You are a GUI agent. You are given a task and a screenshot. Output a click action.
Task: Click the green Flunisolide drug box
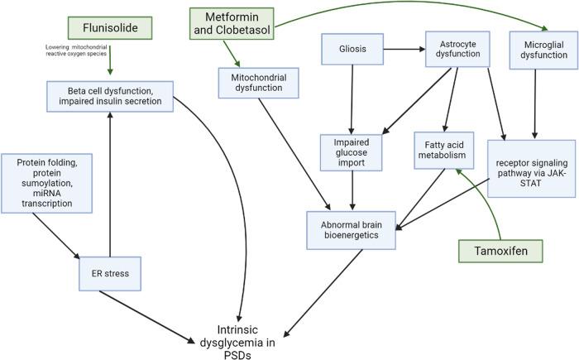coord(110,28)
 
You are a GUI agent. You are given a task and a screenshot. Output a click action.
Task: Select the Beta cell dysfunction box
coord(109,96)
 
